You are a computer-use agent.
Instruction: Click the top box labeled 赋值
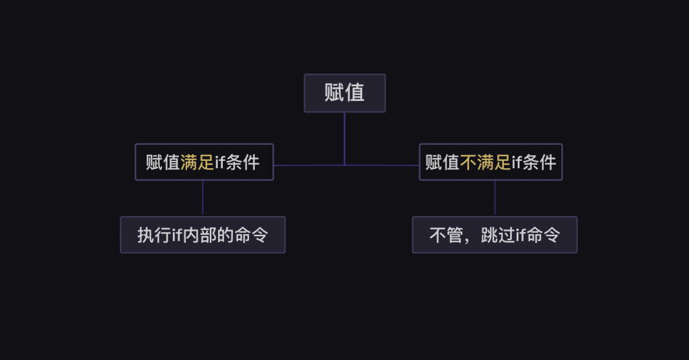pos(344,93)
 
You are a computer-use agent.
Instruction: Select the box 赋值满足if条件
pos(205,162)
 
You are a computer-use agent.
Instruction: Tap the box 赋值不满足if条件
pos(491,162)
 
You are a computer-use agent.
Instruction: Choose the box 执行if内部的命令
pos(203,235)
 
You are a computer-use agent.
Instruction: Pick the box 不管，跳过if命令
pos(495,235)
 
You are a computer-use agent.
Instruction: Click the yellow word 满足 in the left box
pos(197,163)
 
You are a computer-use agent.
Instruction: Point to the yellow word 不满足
pos(485,163)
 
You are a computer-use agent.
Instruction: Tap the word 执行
pos(154,235)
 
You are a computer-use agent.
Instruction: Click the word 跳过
pos(498,235)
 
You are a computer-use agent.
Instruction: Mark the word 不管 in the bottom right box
pos(447,235)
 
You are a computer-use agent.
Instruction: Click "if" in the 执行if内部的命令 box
pos(177,235)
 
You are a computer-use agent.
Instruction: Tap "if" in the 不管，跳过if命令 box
pos(521,235)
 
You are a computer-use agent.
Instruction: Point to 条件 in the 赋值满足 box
pos(242,163)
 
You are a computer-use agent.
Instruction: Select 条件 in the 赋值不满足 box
pos(539,163)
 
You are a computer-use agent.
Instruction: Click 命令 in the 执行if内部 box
pos(252,235)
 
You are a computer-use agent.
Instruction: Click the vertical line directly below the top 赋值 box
pos(344,139)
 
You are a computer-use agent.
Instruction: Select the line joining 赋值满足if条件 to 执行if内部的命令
pos(203,199)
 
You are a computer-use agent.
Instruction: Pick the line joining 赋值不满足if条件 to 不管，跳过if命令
pos(495,199)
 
